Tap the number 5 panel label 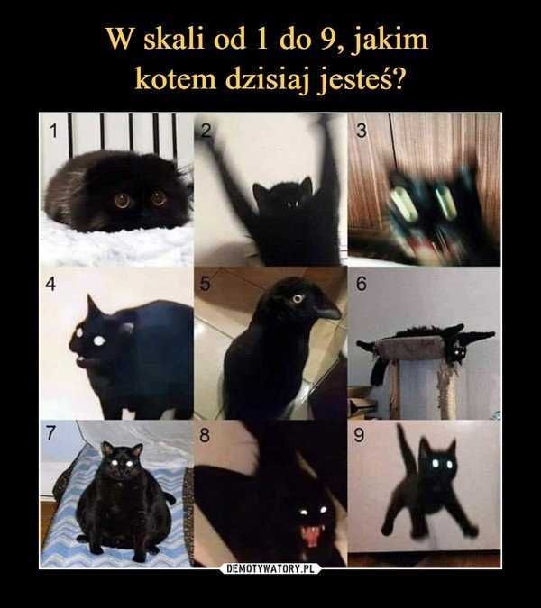coord(206,284)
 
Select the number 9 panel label coord(359,436)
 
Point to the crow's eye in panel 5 coord(298,297)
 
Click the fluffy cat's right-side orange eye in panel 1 coord(159,197)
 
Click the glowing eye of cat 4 coord(97,340)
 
